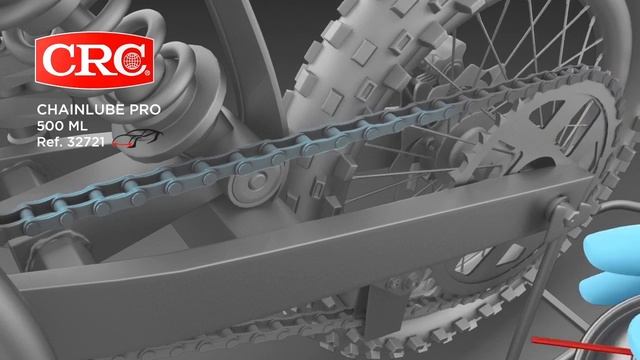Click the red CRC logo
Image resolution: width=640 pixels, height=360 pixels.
pyautogui.click(x=95, y=60)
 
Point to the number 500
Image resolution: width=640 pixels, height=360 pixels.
pyautogui.click(x=50, y=126)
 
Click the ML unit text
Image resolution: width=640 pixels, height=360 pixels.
pyautogui.click(x=78, y=126)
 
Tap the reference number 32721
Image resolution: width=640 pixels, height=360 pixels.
pyautogui.click(x=87, y=142)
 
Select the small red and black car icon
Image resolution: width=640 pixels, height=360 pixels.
pyautogui.click(x=135, y=139)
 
